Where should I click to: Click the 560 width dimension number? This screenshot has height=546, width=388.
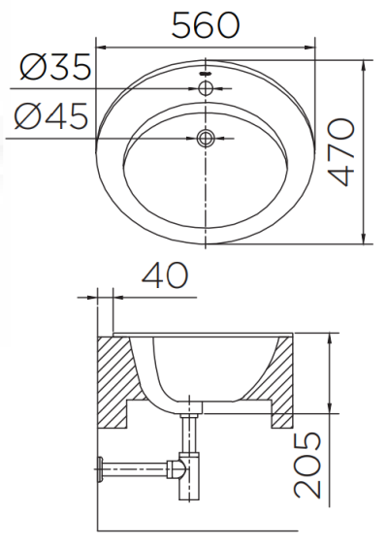(205, 25)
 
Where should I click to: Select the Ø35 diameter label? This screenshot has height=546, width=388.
(55, 69)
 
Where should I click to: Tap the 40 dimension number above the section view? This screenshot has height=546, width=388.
(162, 276)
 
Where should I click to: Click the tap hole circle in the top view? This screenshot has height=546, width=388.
(205, 88)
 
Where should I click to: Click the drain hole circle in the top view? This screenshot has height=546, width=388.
(205, 139)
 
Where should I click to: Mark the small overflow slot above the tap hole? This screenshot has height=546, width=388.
(205, 74)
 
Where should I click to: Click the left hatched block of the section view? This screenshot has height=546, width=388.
(118, 380)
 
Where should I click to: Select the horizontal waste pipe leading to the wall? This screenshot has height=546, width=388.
(136, 472)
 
